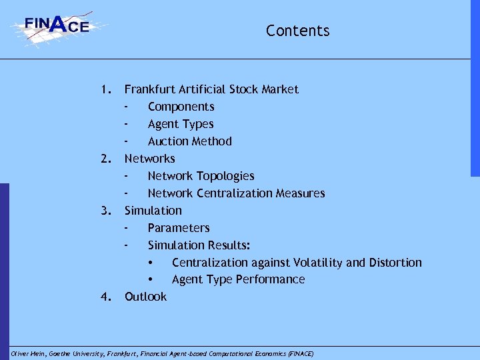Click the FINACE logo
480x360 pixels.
[57, 27]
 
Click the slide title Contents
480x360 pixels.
[297, 31]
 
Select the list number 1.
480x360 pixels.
[104, 89]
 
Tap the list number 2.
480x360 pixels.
[104, 159]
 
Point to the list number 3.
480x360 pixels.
[104, 211]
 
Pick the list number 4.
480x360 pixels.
[104, 297]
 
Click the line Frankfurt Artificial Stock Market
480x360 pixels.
[211, 89]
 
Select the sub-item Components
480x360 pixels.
[181, 107]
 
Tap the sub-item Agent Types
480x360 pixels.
[181, 124]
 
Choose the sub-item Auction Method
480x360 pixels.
[189, 141]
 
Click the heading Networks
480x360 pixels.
[149, 159]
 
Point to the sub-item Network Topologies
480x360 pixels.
[201, 176]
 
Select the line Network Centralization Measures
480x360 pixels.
[236, 193]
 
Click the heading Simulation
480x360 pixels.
[153, 211]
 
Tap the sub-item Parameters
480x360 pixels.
[179, 228]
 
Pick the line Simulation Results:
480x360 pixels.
[199, 245]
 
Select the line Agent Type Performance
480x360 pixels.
[238, 279]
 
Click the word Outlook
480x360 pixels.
[145, 297]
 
